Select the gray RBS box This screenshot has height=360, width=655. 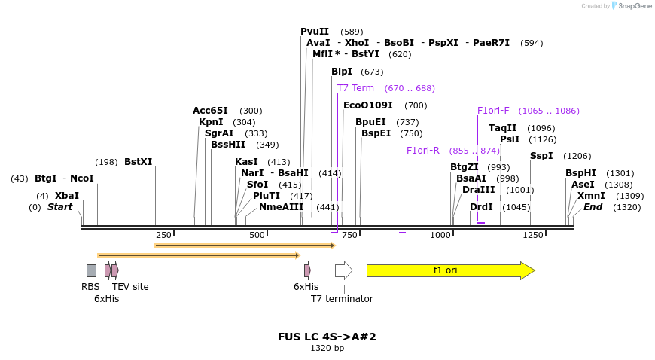(x=91, y=270)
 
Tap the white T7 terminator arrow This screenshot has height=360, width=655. (x=343, y=270)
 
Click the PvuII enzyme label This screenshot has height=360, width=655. (x=315, y=32)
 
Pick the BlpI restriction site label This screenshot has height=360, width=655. (x=342, y=72)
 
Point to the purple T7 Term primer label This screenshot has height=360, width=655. (x=355, y=88)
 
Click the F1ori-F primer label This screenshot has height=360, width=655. (x=493, y=111)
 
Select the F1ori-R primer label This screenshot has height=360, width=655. (x=422, y=151)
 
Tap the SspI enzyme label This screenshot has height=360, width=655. (x=541, y=156)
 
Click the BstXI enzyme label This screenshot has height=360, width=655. (x=138, y=162)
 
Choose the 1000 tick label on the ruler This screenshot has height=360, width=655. (x=440, y=235)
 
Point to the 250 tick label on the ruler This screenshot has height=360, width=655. (x=165, y=235)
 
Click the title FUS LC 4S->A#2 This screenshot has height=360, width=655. (x=327, y=337)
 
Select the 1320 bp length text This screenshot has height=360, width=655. (x=327, y=349)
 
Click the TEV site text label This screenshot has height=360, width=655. (x=130, y=287)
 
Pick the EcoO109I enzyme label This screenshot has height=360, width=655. (x=368, y=105)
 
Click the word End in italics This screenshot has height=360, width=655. (x=593, y=207)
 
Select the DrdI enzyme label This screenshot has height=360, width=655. (x=481, y=207)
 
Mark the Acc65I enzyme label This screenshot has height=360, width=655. (x=210, y=111)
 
